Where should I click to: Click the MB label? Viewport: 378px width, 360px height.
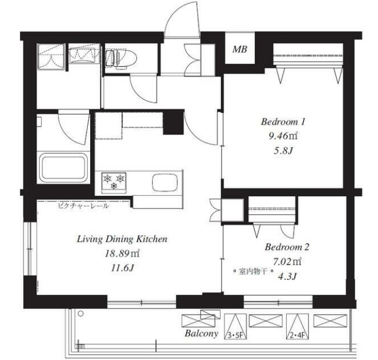pyautogui.click(x=240, y=49)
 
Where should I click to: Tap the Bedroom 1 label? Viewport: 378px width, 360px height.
pyautogui.click(x=283, y=122)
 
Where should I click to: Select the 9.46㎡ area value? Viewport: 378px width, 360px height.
pyautogui.click(x=283, y=136)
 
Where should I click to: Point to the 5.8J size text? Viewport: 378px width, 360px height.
pyautogui.click(x=283, y=151)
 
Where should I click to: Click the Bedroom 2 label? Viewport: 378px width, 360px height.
pyautogui.click(x=287, y=247)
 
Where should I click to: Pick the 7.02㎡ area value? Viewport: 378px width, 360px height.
pyautogui.click(x=287, y=261)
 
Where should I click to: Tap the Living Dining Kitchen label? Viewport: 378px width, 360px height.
pyautogui.click(x=122, y=240)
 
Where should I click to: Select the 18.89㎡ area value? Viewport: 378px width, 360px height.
pyautogui.click(x=122, y=254)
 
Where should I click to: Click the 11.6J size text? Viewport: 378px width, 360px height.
pyautogui.click(x=122, y=268)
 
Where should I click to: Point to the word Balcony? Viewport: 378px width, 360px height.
pyautogui.click(x=201, y=334)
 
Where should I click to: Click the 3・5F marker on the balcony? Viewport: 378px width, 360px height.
pyautogui.click(x=235, y=335)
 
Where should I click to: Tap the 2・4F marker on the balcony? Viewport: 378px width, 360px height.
pyautogui.click(x=297, y=335)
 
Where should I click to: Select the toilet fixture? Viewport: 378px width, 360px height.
pyautogui.click(x=121, y=58)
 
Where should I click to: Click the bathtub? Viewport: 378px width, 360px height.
pyautogui.click(x=63, y=168)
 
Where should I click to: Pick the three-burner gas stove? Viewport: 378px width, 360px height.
pyautogui.click(x=114, y=183)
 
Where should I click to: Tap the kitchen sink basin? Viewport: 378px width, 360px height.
pyautogui.click(x=166, y=182)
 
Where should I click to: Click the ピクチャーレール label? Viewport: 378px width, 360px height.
pyautogui.click(x=83, y=206)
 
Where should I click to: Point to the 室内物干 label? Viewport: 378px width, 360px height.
pyautogui.click(x=253, y=272)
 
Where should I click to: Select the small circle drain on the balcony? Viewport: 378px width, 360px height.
pyautogui.click(x=81, y=314)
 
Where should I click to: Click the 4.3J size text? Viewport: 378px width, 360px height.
pyautogui.click(x=287, y=276)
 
